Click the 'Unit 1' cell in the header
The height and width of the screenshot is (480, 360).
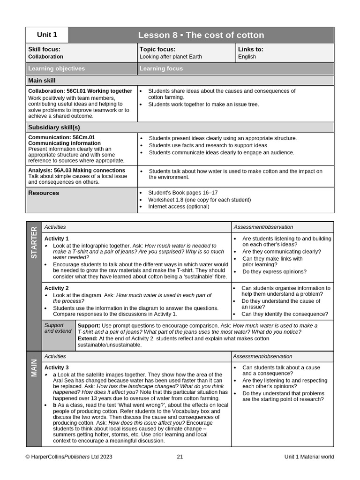click(47, 35)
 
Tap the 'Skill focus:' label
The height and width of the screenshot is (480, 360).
click(44, 49)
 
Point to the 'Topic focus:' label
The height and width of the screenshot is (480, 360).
click(157, 49)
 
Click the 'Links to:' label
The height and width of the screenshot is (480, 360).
click(251, 49)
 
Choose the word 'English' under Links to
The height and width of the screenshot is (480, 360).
click(247, 57)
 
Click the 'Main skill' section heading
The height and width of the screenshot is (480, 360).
click(42, 80)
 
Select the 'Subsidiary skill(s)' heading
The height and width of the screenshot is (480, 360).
click(54, 127)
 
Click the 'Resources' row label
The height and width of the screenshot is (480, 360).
click(44, 193)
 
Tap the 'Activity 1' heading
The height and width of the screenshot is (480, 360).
click(56, 239)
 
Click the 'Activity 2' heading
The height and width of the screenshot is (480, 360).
click(56, 288)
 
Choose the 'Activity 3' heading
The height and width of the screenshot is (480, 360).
click(56, 367)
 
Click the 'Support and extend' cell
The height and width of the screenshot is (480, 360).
click(58, 328)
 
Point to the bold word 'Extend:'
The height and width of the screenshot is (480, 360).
click(88, 338)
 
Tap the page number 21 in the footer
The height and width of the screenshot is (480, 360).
click(180, 457)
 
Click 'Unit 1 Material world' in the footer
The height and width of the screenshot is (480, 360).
click(309, 457)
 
